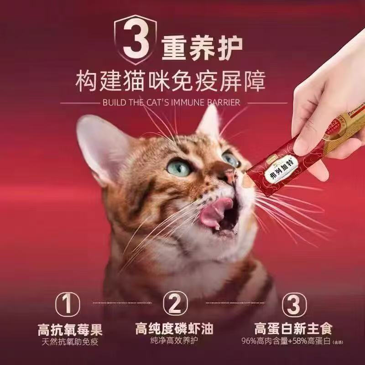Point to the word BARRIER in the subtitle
[x=223, y=103]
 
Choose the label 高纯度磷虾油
[x=175, y=329]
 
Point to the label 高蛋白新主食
[x=293, y=329]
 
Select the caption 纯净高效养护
[x=175, y=341]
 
